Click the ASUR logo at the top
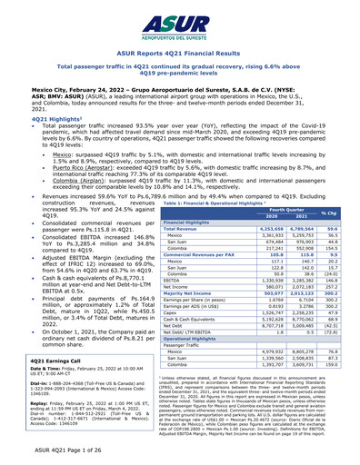click(180, 23)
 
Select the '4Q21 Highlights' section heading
click(39, 118)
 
